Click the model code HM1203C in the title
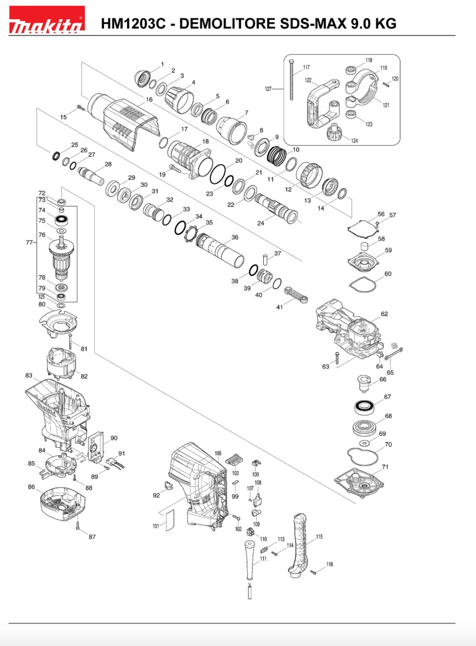point(133,23)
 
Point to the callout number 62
point(384,314)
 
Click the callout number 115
point(319,537)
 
